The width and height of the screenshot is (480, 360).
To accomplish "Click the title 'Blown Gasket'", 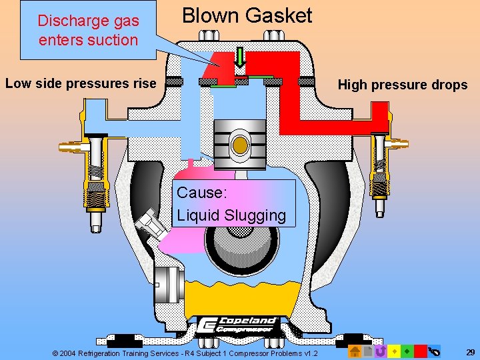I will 247,15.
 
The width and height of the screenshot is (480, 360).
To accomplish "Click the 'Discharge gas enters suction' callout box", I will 88,31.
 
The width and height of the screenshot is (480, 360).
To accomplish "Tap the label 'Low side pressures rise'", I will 80,83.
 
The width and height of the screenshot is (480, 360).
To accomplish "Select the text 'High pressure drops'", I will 403,85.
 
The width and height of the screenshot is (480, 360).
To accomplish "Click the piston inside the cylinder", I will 240,144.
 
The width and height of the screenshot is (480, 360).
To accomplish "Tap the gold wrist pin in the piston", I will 240,145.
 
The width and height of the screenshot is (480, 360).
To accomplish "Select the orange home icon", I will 355,351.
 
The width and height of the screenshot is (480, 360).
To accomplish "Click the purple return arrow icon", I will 381,351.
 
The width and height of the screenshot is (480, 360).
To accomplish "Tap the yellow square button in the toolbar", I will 394,351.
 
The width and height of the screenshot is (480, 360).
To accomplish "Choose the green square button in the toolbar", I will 407,351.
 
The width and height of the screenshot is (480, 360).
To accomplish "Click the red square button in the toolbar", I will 420,351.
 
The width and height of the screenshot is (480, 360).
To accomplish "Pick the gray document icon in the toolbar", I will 367,351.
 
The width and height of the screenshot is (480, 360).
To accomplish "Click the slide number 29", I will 470,351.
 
